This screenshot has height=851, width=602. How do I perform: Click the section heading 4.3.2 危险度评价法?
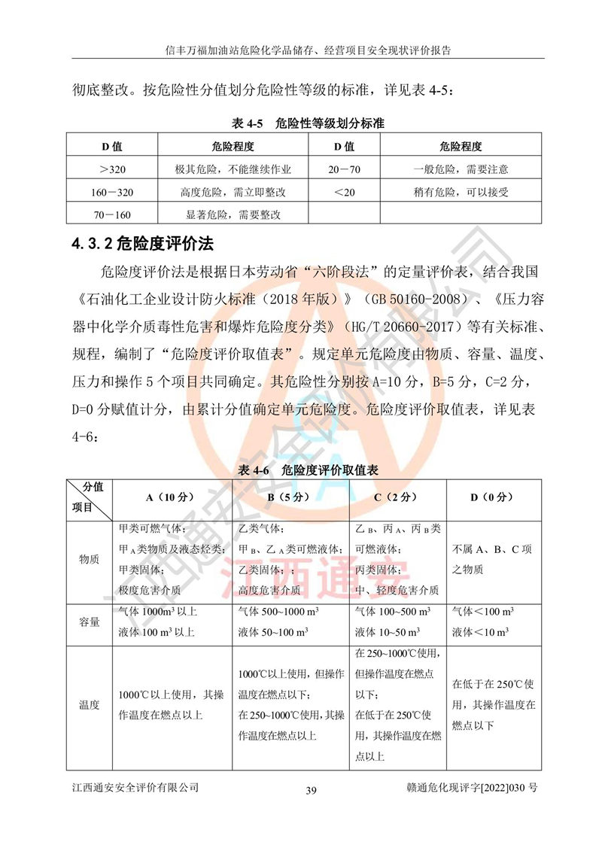[144, 244]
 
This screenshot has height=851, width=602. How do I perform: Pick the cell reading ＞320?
[111, 169]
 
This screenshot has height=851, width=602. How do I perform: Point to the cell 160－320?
[111, 192]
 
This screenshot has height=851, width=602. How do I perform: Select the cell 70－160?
[111, 214]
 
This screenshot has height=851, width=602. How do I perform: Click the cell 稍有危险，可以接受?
[461, 192]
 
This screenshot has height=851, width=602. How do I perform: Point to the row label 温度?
[89, 705]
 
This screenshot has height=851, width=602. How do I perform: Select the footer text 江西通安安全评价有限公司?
[135, 787]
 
